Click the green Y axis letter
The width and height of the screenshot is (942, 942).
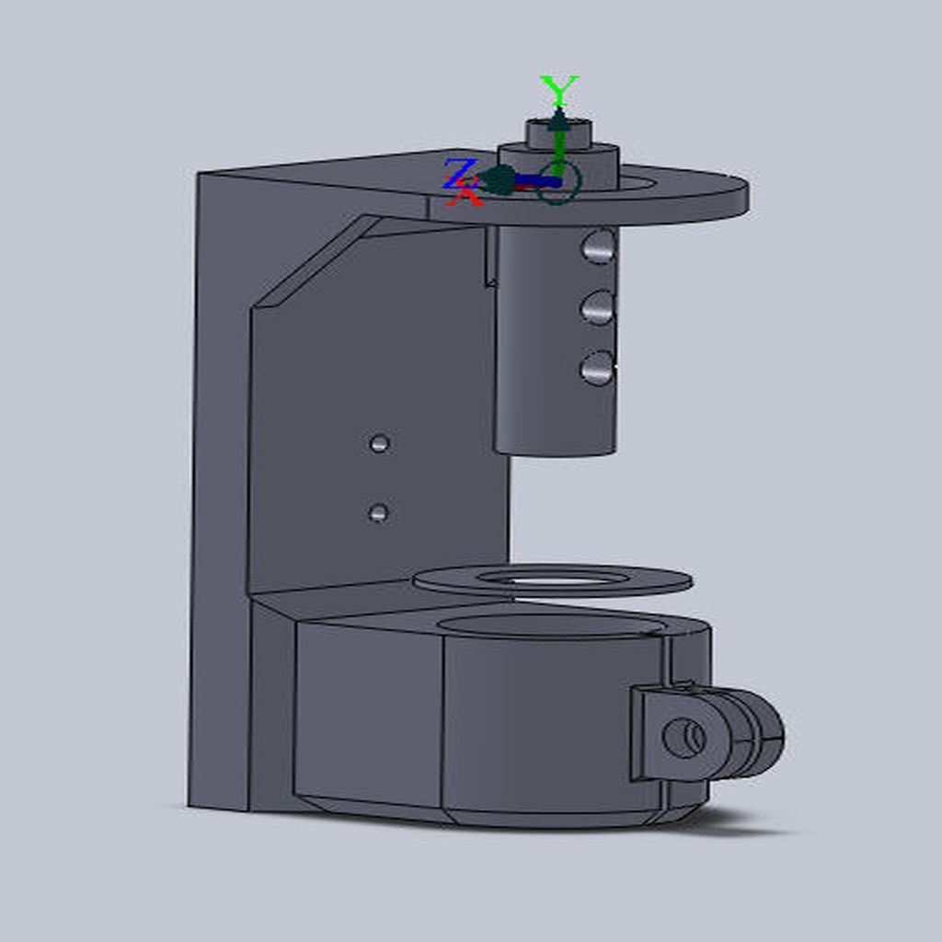click(558, 90)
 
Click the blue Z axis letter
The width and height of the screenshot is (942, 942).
click(458, 171)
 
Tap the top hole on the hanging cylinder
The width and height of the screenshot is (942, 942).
click(598, 247)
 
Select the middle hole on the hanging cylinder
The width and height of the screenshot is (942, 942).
click(597, 308)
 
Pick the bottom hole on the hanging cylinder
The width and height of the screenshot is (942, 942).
click(597, 368)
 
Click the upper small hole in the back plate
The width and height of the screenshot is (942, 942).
click(379, 444)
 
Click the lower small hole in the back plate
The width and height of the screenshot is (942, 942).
click(377, 512)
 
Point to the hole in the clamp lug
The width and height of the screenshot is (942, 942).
click(684, 737)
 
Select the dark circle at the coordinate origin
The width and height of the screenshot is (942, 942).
click(557, 182)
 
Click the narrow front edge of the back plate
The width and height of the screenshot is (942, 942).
click(219, 488)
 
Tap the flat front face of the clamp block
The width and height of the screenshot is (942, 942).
click(368, 708)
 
